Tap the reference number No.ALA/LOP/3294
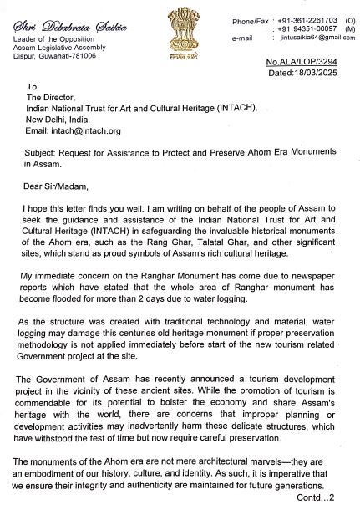point(317,63)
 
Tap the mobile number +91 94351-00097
point(304,28)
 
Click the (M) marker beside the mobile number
point(349,28)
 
